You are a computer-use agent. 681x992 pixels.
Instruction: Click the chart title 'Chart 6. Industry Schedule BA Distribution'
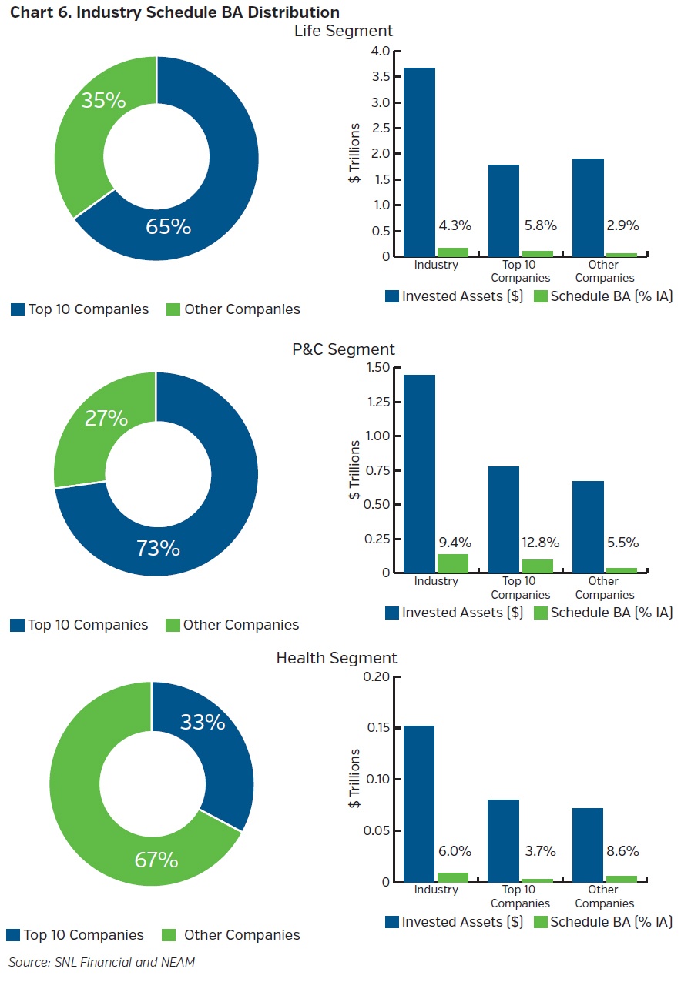tap(174, 12)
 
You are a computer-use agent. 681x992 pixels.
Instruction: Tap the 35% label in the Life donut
tap(103, 100)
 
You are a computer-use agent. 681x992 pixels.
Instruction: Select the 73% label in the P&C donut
tap(158, 549)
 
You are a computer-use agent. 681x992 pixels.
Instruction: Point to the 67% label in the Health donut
tap(156, 860)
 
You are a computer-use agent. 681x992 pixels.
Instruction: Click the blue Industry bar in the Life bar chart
tap(419, 162)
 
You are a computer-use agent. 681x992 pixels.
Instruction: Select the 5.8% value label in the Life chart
tap(539, 225)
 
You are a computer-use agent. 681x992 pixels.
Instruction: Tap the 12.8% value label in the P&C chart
tap(539, 543)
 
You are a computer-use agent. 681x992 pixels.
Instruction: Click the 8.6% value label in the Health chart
tap(622, 851)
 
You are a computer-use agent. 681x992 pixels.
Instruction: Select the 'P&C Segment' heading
tap(343, 349)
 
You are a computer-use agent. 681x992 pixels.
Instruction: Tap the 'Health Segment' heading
tap(337, 658)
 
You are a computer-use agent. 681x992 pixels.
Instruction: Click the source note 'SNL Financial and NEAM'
tap(102, 962)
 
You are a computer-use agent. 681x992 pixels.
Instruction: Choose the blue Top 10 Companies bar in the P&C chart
tap(503, 519)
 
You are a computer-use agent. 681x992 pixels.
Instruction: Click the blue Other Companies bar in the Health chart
tap(587, 844)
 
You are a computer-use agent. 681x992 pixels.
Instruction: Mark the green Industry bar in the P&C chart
tap(452, 563)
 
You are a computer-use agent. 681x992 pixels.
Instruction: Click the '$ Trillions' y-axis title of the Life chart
tap(354, 153)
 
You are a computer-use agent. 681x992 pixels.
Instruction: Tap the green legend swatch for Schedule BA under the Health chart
tap(540, 922)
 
